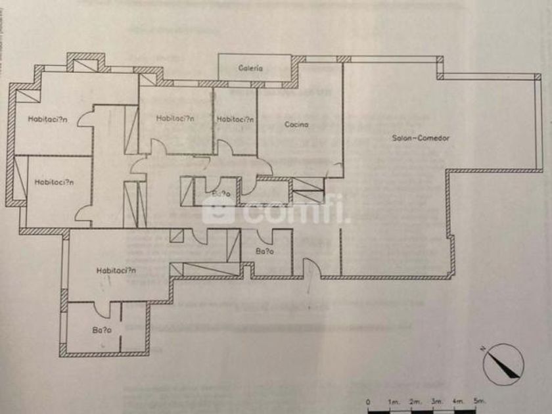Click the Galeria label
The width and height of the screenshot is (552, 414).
pyautogui.click(x=250, y=68)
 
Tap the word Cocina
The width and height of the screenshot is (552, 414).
pyautogui.click(x=296, y=124)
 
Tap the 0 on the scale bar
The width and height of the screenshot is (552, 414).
pyautogui.click(x=368, y=400)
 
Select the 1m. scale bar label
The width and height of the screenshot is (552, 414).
pyautogui.click(x=394, y=400)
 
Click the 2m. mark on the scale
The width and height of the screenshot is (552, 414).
pyautogui.click(x=415, y=400)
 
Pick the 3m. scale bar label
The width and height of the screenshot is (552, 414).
pyautogui.click(x=436, y=400)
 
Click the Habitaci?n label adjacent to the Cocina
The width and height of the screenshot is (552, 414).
pyautogui.click(x=235, y=119)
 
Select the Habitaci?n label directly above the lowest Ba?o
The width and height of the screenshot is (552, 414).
pyautogui.click(x=116, y=270)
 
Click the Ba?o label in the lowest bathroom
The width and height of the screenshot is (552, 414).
pyautogui.click(x=102, y=331)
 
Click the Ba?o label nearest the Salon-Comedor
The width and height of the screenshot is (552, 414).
pyautogui.click(x=264, y=252)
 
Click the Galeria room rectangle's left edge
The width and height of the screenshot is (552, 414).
pyautogui.click(x=219, y=68)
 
